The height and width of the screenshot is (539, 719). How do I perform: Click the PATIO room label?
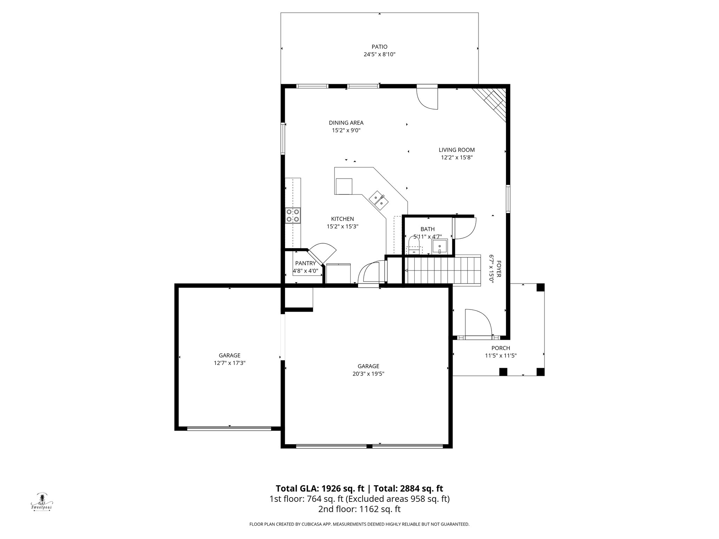pos(380,47)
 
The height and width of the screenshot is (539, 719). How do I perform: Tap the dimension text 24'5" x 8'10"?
pos(380,54)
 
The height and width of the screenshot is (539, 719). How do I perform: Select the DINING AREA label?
pos(346,123)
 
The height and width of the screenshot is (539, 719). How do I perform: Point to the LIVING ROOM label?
pos(456,150)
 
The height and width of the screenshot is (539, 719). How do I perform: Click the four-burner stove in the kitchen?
pos(293,215)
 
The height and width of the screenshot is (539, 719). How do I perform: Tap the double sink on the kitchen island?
pos(378,200)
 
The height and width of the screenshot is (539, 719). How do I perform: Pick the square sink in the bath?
pos(439,246)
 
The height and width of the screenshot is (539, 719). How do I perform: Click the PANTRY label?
pos(305,263)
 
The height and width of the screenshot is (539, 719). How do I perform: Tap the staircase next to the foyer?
pos(442,270)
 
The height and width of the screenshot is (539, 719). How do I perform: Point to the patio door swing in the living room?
pos(427,98)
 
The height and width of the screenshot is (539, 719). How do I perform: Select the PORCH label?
pos(500,348)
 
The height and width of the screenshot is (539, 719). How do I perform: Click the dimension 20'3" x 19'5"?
pos(368,374)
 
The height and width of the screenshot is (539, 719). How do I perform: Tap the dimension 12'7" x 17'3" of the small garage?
pos(229,363)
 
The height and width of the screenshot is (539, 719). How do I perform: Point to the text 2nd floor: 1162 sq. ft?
pos(359,509)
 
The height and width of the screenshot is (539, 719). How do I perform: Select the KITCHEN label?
pos(342,219)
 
